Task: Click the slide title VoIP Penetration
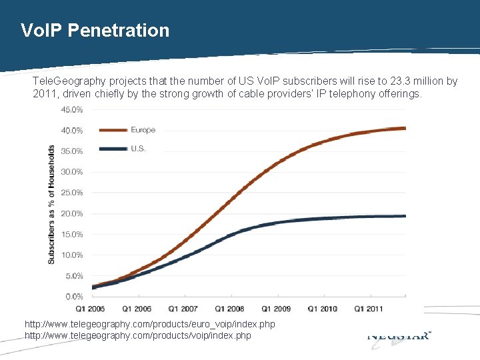tap(95, 30)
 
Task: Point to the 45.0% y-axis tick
tap(73, 109)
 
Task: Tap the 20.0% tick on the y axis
tap(73, 213)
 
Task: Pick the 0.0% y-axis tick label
tap(74, 296)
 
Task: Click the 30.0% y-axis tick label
tap(73, 172)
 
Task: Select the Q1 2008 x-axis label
tap(229, 309)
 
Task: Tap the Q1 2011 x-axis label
tap(369, 309)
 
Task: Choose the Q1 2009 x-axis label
tap(275, 309)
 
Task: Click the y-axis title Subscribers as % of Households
tap(52, 203)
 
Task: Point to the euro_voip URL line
tap(149, 324)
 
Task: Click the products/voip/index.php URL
tap(137, 335)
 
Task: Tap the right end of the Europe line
tap(404, 128)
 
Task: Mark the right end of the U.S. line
tap(404, 216)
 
